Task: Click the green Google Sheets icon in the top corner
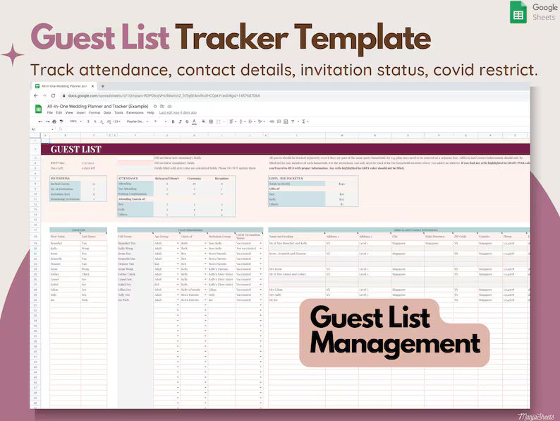[518, 12]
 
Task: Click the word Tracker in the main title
[232, 37]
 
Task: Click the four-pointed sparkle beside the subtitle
[12, 55]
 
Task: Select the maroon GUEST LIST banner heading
[76, 149]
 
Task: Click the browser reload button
[54, 95]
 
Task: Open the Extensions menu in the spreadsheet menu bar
[135, 112]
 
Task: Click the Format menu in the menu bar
[95, 112]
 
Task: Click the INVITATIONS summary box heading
[60, 179]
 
